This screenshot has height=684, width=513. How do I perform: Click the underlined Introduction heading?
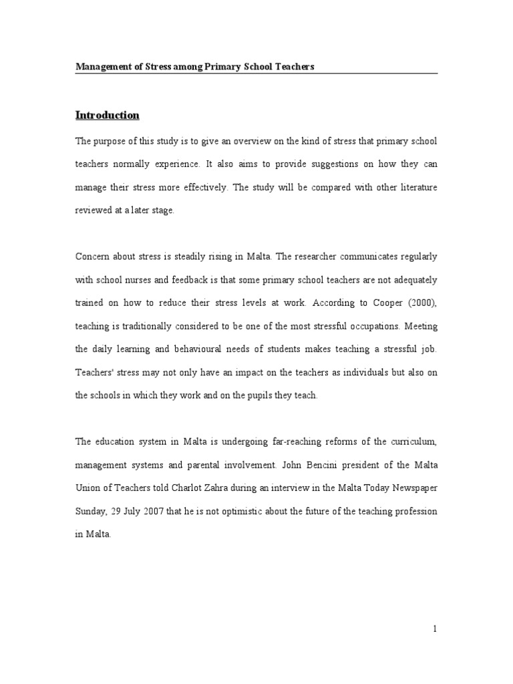click(x=108, y=115)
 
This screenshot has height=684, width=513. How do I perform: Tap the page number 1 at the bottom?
click(x=434, y=629)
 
